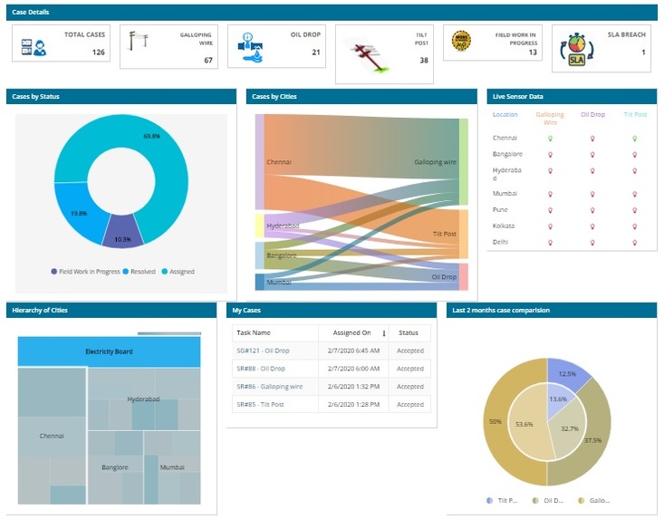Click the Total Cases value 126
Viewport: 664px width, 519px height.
coord(98,53)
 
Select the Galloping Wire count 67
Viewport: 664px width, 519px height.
coord(207,60)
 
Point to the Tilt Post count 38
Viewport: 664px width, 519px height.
coord(423,61)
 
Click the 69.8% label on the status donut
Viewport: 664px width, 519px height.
coord(151,136)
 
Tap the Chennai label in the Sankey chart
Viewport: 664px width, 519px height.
coord(278,162)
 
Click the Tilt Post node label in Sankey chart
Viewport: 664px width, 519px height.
coord(444,234)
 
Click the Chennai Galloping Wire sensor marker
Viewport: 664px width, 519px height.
coord(550,139)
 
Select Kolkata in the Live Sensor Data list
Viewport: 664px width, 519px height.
coord(504,226)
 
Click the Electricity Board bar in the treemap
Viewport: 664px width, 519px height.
coord(109,351)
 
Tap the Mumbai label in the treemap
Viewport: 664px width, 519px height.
coord(171,467)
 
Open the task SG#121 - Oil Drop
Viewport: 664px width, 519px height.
coord(261,351)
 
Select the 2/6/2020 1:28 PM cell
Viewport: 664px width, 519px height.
coord(351,404)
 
